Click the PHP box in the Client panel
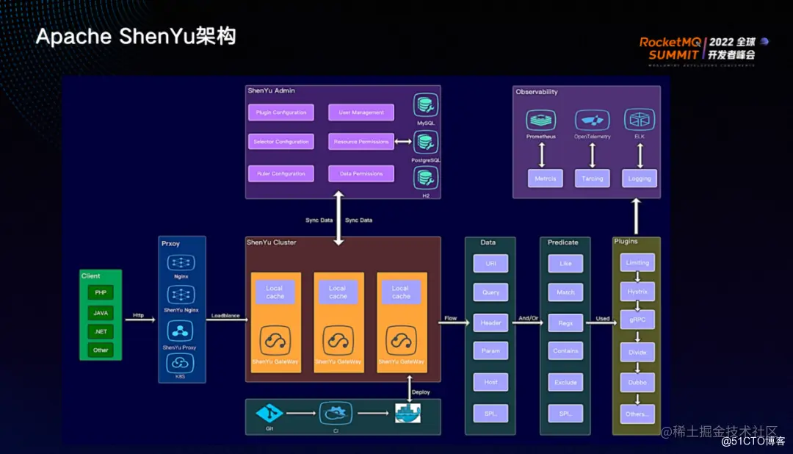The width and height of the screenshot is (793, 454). [101, 292]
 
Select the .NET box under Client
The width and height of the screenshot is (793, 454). [101, 331]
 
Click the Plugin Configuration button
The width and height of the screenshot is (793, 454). [281, 112]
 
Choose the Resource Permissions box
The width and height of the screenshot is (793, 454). [361, 142]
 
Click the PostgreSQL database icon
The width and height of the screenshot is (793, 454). [425, 142]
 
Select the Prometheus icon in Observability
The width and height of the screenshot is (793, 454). [540, 120]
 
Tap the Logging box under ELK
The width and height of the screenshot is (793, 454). [640, 179]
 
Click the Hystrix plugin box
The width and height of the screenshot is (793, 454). [637, 292]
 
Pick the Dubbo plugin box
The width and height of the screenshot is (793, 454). [637, 383]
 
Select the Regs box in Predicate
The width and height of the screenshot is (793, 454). [565, 322]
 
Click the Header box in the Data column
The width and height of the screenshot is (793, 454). [490, 323]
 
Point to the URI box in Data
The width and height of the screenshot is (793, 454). [490, 264]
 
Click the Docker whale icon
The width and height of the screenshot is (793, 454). [409, 414]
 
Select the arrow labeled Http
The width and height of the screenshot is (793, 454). [139, 320]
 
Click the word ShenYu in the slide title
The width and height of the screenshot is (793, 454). [156, 37]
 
